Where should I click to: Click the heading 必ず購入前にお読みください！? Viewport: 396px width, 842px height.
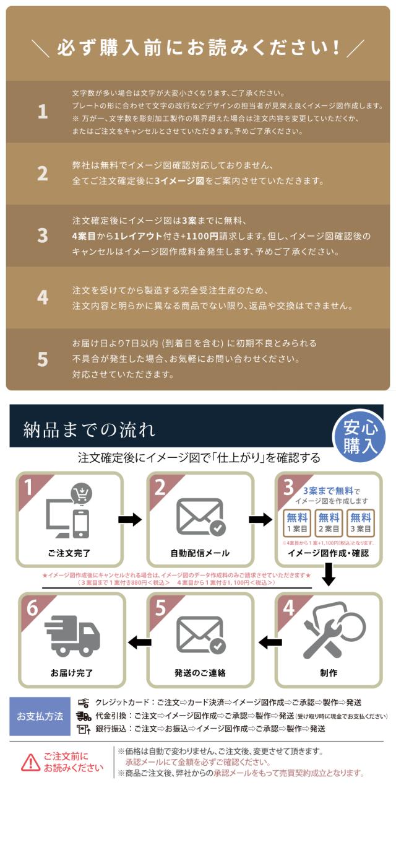click(198, 48)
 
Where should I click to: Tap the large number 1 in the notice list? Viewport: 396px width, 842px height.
click(42, 112)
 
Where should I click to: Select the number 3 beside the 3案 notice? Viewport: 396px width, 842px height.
click(42, 236)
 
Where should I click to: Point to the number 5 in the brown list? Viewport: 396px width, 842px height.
click(42, 359)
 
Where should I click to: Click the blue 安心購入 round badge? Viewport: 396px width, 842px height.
click(360, 436)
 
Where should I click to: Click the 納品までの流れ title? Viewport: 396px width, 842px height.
click(89, 429)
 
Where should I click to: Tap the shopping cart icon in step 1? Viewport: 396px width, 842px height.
click(81, 493)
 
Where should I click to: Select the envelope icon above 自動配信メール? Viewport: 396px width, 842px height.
click(200, 517)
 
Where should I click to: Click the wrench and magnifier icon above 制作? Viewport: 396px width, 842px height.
click(328, 632)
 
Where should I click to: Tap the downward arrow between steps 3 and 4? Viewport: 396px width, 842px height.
click(329, 577)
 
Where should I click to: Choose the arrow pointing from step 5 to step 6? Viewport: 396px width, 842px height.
click(140, 642)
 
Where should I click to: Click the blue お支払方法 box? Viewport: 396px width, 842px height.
click(40, 716)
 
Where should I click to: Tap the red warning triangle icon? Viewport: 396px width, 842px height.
click(30, 762)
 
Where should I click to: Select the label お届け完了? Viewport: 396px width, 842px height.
click(72, 673)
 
